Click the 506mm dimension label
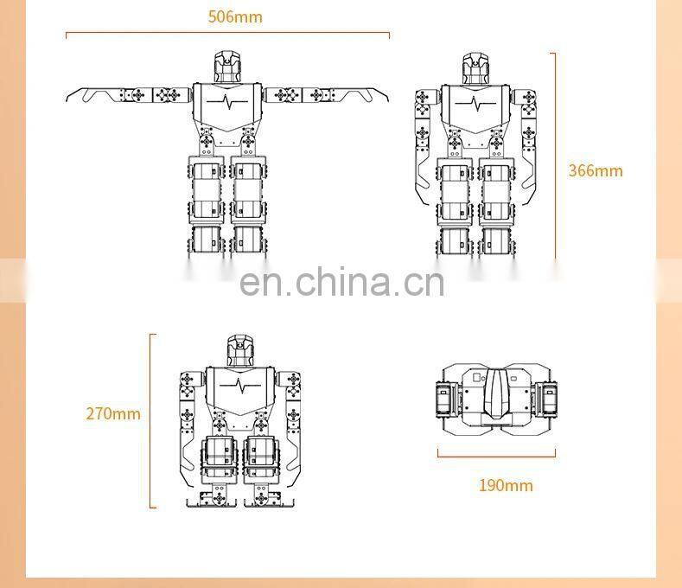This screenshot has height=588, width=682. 235,16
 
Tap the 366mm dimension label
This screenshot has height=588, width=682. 595,169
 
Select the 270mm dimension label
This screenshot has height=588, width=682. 112,413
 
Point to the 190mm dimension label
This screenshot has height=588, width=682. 506,484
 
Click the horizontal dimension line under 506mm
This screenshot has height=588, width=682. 227,35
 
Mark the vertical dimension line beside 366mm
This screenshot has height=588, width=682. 554,156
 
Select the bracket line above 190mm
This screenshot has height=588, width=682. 496,455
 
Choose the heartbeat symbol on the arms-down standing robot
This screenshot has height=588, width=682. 475,103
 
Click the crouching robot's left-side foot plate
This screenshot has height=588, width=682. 207,499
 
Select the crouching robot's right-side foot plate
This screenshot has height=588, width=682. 269,499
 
